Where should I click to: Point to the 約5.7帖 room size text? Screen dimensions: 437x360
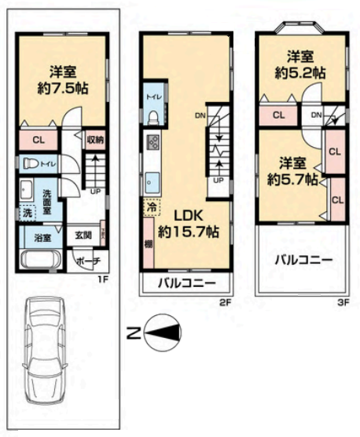click(x=292, y=178)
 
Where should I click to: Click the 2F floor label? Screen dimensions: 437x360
click(x=223, y=301)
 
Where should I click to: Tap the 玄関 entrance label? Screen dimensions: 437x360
click(x=83, y=234)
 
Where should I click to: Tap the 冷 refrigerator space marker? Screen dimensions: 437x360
click(x=149, y=209)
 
